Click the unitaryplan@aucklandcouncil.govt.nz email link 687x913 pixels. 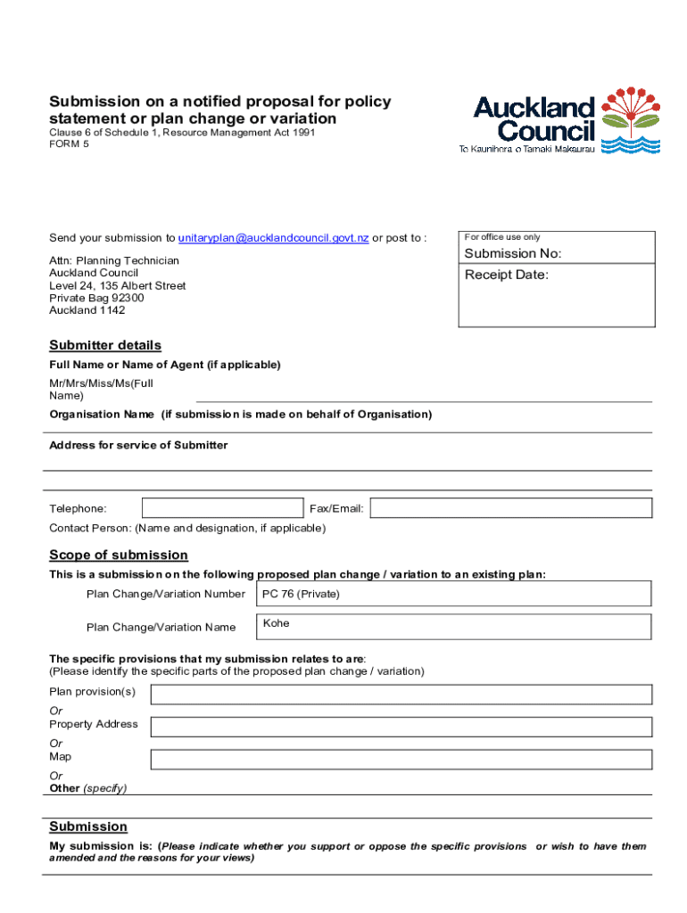[x=273, y=238]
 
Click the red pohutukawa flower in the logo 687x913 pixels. [x=631, y=111]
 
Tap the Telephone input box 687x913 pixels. [x=222, y=508]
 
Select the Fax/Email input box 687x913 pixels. [x=511, y=508]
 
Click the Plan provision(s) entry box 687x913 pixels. [x=401, y=695]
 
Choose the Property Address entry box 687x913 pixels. [x=401, y=727]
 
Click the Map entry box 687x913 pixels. [x=401, y=760]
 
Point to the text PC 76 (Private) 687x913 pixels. [x=301, y=594]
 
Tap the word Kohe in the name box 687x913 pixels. [x=277, y=623]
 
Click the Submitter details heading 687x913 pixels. [x=105, y=345]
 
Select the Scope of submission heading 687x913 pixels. [x=119, y=555]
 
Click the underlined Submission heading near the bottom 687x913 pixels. [x=88, y=827]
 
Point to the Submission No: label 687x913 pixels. [x=513, y=254]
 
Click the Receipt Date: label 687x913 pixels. [x=507, y=275]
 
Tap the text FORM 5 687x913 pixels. [x=70, y=144]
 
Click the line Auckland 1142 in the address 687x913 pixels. [x=87, y=310]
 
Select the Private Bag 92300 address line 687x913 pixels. [x=96, y=298]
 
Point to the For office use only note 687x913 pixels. [x=502, y=237]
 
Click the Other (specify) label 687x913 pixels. [x=88, y=788]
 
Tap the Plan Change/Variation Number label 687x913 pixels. [x=166, y=594]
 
